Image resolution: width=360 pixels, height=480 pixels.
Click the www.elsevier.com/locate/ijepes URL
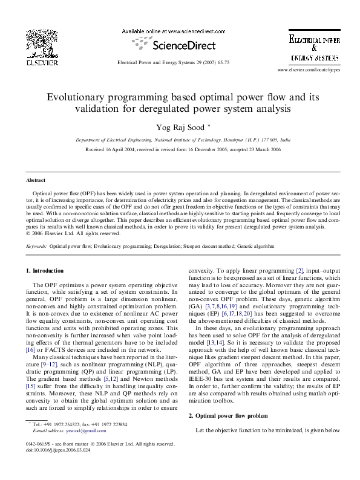(x=308, y=71)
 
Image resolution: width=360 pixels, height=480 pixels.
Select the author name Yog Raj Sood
(x=180, y=128)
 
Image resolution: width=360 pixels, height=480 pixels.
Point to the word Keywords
(x=36, y=247)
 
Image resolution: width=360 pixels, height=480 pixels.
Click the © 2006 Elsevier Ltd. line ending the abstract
(x=74, y=233)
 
